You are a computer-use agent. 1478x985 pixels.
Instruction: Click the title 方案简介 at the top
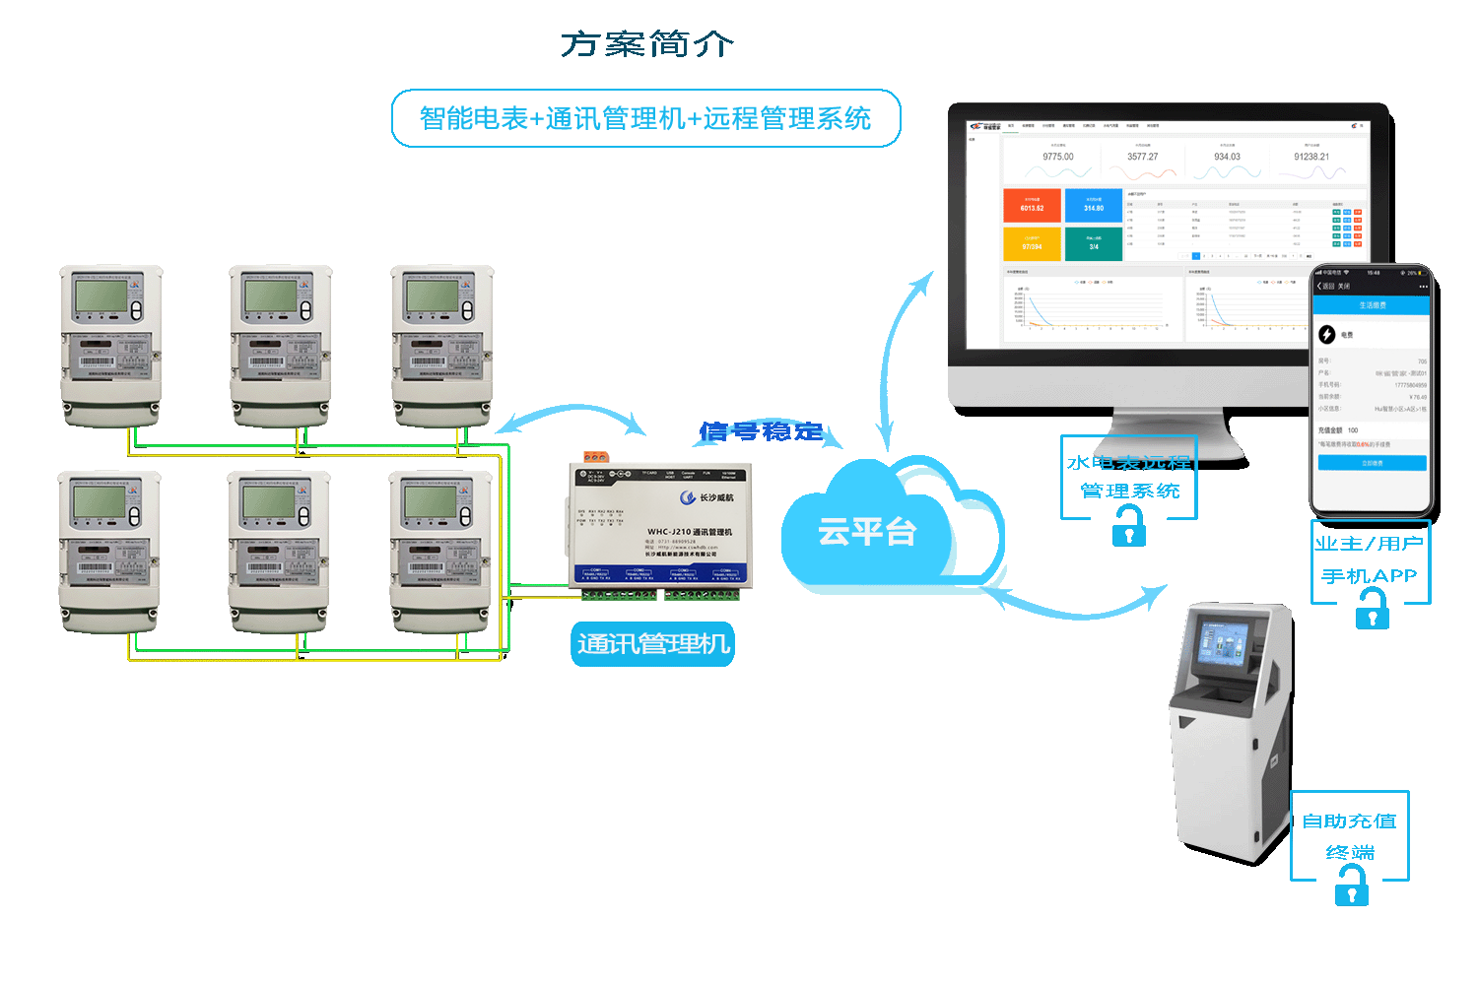(647, 44)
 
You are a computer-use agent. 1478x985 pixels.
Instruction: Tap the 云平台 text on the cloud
(867, 532)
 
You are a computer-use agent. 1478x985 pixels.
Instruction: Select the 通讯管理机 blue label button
(653, 644)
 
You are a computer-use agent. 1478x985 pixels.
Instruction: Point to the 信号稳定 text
(761, 431)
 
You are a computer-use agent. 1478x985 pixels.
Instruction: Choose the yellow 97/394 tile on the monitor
(1032, 243)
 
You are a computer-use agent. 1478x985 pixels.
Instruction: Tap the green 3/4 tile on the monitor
(1094, 243)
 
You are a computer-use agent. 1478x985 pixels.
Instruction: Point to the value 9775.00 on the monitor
(1058, 157)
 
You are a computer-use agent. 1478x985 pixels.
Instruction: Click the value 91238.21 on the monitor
(1311, 157)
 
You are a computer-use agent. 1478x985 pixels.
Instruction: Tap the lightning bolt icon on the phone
(1327, 335)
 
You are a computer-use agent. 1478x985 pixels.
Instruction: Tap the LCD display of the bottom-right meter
(430, 502)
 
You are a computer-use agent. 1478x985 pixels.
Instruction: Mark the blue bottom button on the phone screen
(1372, 463)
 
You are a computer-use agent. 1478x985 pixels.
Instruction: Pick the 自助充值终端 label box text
(1350, 835)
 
